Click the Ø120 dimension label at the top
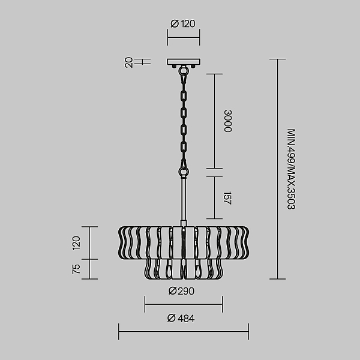tap(183, 23)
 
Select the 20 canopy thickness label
tap(129, 62)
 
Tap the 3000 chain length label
tap(228, 121)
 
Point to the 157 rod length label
tap(227, 197)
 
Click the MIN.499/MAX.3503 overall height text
tap(291, 169)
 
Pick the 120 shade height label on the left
tap(76, 243)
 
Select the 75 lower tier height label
tap(76, 269)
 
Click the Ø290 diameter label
tap(181, 291)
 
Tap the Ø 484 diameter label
tap(181, 319)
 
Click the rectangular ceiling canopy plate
tap(184, 62)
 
